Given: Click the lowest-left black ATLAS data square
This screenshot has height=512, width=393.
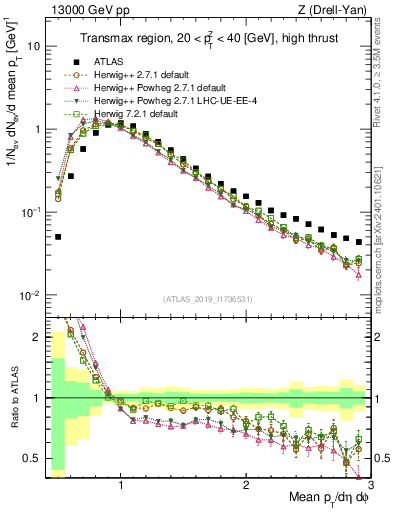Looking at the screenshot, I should (59, 237).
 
